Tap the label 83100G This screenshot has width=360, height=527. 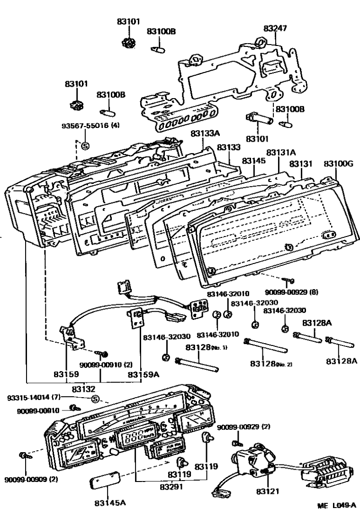338,164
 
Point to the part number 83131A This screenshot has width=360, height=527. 281,153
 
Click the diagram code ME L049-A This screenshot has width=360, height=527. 336,519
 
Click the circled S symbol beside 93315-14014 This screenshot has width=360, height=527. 95,399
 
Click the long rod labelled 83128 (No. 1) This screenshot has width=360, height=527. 198,366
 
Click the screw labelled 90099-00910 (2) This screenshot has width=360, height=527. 101,354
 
